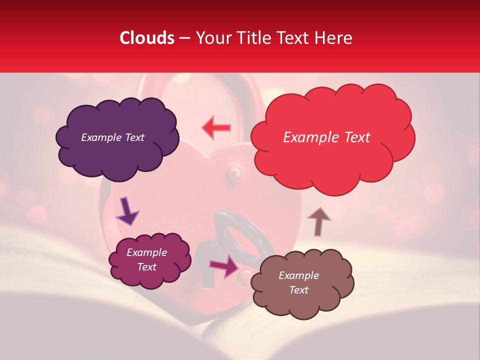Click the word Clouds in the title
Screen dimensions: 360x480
pyautogui.click(x=147, y=38)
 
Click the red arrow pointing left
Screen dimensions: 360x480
pyautogui.click(x=216, y=127)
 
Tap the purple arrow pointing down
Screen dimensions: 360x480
pyautogui.click(x=127, y=211)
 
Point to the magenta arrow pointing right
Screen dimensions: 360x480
pyautogui.click(x=224, y=265)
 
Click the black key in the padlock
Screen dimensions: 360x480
pyautogui.click(x=235, y=235)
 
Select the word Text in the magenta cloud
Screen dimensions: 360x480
pyautogui.click(x=146, y=267)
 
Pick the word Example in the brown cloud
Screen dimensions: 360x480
pyautogui.click(x=298, y=275)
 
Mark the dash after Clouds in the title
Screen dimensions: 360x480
pyautogui.click(x=184, y=38)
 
